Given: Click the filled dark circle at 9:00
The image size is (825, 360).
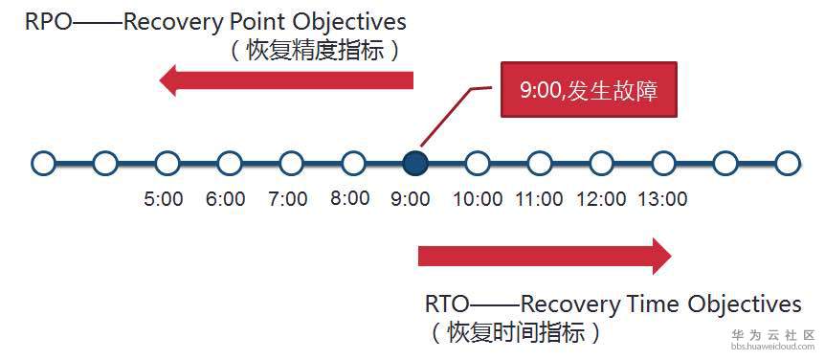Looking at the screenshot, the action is [x=415, y=163].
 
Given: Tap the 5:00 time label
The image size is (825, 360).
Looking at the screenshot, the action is [x=164, y=199].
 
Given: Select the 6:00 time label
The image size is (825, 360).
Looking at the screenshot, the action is [x=226, y=199].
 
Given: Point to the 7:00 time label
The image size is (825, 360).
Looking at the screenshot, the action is [x=288, y=199].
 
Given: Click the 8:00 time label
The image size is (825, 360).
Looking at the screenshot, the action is [x=350, y=198].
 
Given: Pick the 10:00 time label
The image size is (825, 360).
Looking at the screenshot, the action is [x=478, y=199].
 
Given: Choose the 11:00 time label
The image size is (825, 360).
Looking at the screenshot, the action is [x=539, y=199].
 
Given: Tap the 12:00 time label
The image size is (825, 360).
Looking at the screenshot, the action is [x=601, y=199].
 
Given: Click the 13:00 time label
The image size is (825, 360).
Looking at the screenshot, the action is [x=663, y=199].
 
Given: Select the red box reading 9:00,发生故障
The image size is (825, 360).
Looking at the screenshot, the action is [x=589, y=89].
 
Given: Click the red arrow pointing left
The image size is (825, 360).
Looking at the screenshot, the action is [x=286, y=80].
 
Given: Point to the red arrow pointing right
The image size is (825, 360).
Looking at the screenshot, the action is [x=545, y=256].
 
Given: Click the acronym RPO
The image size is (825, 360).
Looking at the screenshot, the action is [x=47, y=23].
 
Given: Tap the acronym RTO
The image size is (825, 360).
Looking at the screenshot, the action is [x=446, y=304].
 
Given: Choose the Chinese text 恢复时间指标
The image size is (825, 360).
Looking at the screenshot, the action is [x=516, y=333].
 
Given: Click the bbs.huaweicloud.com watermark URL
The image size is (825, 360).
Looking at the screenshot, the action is [x=772, y=347].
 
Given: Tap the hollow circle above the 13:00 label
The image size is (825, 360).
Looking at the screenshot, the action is [x=663, y=163].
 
